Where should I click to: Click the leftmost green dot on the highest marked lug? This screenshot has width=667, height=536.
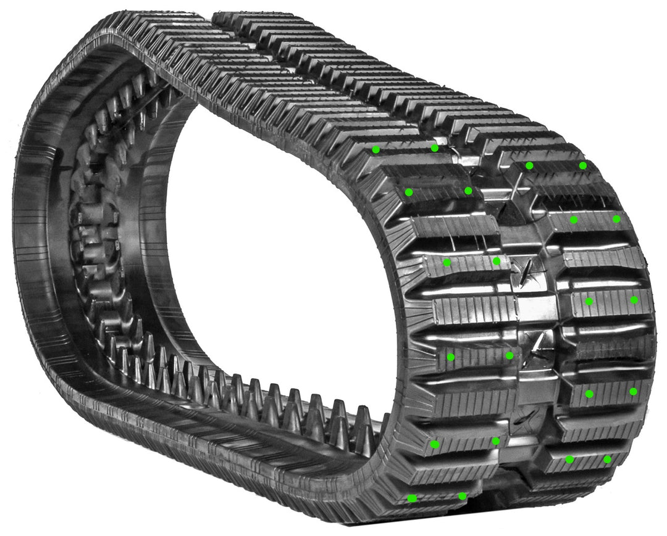[x=375, y=149]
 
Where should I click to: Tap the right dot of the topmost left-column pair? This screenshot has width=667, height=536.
[x=435, y=147]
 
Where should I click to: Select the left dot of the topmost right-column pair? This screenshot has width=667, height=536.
[x=529, y=165]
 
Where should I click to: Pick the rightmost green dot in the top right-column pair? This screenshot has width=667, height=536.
[x=582, y=165]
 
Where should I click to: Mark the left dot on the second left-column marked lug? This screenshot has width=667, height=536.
[x=408, y=192]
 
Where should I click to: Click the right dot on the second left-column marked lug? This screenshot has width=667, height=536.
[x=468, y=191]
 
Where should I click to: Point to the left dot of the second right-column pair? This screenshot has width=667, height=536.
[x=574, y=220]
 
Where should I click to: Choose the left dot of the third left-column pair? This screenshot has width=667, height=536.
[x=447, y=262]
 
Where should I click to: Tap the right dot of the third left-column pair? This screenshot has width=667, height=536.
[x=497, y=261]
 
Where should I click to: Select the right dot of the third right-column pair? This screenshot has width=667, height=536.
[x=634, y=300]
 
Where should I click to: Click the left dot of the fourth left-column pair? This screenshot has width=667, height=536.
[x=451, y=357]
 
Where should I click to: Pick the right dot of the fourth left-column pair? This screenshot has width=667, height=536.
[x=510, y=355]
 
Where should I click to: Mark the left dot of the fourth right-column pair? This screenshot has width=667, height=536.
[x=589, y=393]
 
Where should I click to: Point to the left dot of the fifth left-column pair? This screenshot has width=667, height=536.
[x=435, y=444]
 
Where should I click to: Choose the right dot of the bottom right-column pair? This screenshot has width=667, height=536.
[x=607, y=459]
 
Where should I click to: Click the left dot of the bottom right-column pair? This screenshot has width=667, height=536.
[x=569, y=459]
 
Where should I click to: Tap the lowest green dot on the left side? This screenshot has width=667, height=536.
[x=412, y=498]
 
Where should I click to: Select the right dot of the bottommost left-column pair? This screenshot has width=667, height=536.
[x=462, y=496]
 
